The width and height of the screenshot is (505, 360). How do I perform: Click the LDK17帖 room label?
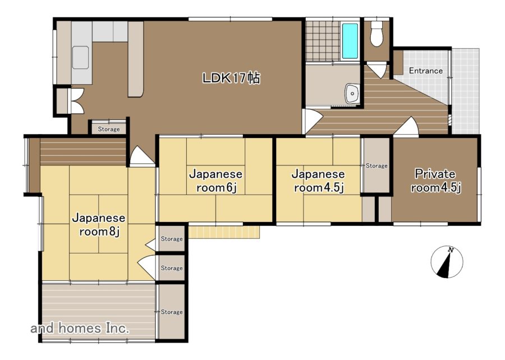point(231,78)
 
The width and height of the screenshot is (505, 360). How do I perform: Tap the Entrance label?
point(425,71)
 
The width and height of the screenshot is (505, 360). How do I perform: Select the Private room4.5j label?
point(435,181)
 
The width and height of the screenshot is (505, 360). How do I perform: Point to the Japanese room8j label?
point(99,224)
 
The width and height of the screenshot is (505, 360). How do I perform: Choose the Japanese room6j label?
point(216,181)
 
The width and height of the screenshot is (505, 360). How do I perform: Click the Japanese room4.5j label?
point(318,181)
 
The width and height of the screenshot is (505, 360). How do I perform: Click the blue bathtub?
point(350,41)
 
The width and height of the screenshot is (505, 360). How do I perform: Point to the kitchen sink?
point(80,57)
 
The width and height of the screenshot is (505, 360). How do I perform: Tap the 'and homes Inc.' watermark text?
point(80,328)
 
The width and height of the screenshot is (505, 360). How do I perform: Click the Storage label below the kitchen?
point(109,129)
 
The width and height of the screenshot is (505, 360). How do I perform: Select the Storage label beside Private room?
point(377,165)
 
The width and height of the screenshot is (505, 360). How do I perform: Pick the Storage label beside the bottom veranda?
point(172,312)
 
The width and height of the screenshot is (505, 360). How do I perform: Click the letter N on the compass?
point(452,250)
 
